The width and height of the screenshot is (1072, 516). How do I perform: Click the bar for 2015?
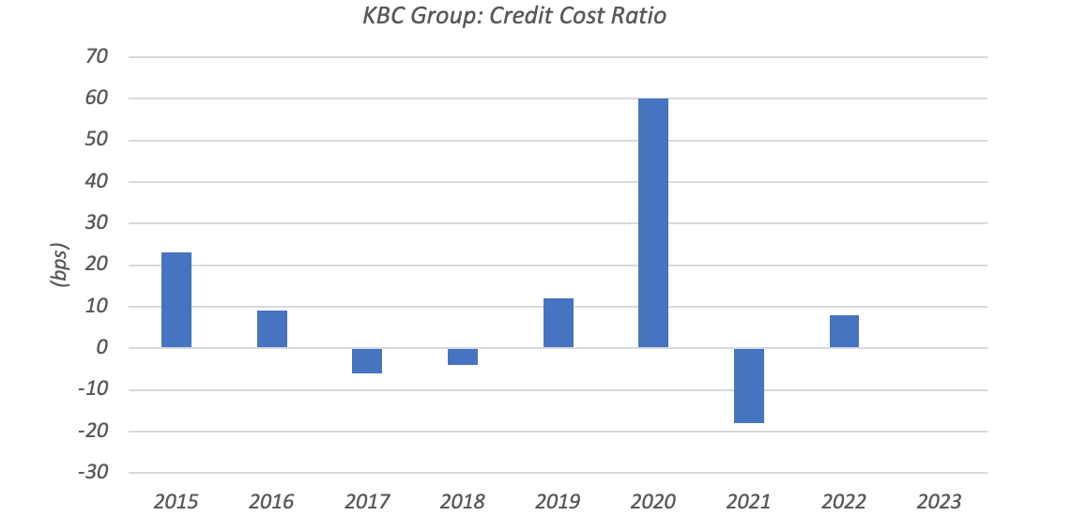click(x=176, y=300)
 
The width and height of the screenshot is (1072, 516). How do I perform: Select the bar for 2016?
click(x=272, y=329)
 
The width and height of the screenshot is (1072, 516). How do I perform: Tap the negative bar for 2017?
click(x=367, y=360)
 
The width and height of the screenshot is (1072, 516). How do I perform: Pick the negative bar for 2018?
click(x=463, y=357)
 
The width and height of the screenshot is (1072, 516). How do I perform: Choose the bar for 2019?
click(x=559, y=323)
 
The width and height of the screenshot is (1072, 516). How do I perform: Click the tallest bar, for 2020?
click(x=653, y=223)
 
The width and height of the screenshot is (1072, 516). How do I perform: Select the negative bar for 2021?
click(x=749, y=386)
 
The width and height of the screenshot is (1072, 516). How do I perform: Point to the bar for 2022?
click(x=844, y=331)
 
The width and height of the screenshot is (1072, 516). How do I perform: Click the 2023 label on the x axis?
click(x=940, y=500)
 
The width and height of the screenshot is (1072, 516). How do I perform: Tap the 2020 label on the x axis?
click(x=653, y=500)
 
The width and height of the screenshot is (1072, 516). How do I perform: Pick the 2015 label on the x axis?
click(x=176, y=500)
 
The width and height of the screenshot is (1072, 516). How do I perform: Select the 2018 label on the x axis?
click(x=463, y=500)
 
